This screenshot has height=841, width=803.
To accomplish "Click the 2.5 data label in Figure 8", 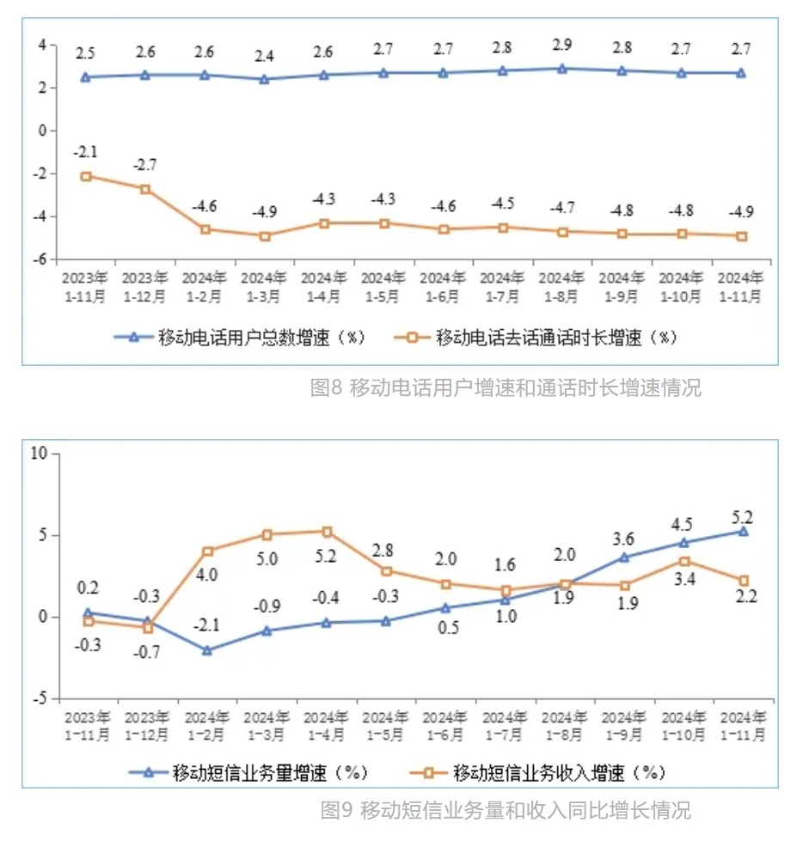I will (85, 54).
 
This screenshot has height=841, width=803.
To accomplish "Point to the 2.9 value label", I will (562, 46).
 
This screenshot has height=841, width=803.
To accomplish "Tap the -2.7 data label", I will (145, 165).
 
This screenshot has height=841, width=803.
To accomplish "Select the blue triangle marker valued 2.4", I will (264, 79).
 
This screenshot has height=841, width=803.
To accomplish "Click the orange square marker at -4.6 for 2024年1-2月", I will (205, 229).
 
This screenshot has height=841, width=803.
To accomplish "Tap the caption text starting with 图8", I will (505, 388).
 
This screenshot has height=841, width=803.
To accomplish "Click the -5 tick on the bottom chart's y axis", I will (40, 698).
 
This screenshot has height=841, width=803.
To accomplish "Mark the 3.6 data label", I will (623, 539).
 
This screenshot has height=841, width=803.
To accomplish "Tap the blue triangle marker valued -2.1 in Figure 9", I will (207, 650).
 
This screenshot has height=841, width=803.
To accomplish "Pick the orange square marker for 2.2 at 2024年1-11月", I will (744, 581).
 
